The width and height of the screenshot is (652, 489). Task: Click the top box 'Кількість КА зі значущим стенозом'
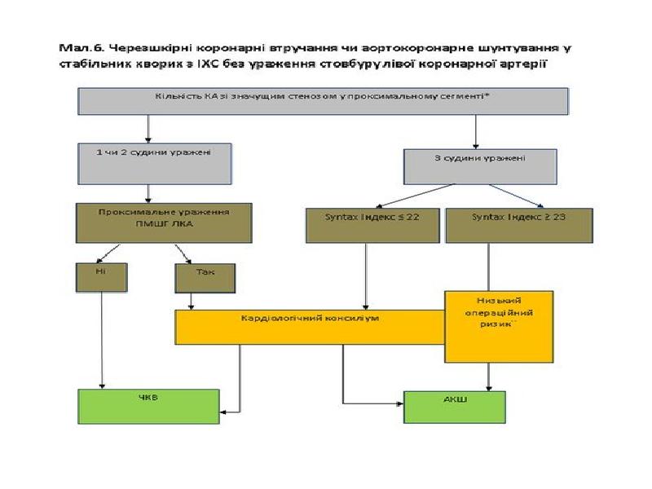[323, 101]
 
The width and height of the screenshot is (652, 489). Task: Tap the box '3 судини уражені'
[481, 166]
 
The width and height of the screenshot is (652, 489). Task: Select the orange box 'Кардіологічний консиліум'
[310, 326]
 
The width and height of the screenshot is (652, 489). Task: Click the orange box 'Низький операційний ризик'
[498, 326]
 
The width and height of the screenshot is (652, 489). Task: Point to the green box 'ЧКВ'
[148, 406]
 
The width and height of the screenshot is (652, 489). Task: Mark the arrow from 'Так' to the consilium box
[192, 301]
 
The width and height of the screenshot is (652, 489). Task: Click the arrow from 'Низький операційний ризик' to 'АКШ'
[489, 377]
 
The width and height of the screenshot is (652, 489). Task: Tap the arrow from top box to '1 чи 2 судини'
[148, 129]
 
